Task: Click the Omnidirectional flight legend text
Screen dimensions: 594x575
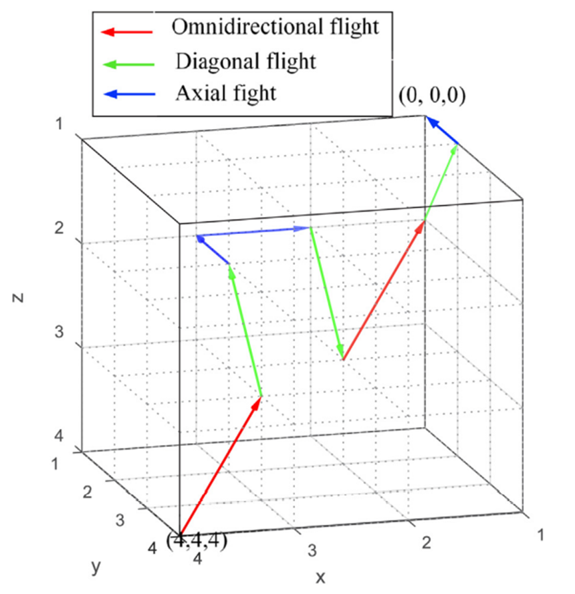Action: click(275, 27)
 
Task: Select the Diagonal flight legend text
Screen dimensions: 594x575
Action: click(245, 61)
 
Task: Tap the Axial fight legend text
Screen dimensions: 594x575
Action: click(225, 93)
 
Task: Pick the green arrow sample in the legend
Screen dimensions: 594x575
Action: click(126, 64)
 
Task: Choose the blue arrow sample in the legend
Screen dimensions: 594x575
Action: click(126, 94)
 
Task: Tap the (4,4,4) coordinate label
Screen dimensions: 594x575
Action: click(198, 541)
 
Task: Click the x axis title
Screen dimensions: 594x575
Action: click(321, 575)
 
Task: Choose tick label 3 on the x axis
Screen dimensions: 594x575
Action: click(310, 549)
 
